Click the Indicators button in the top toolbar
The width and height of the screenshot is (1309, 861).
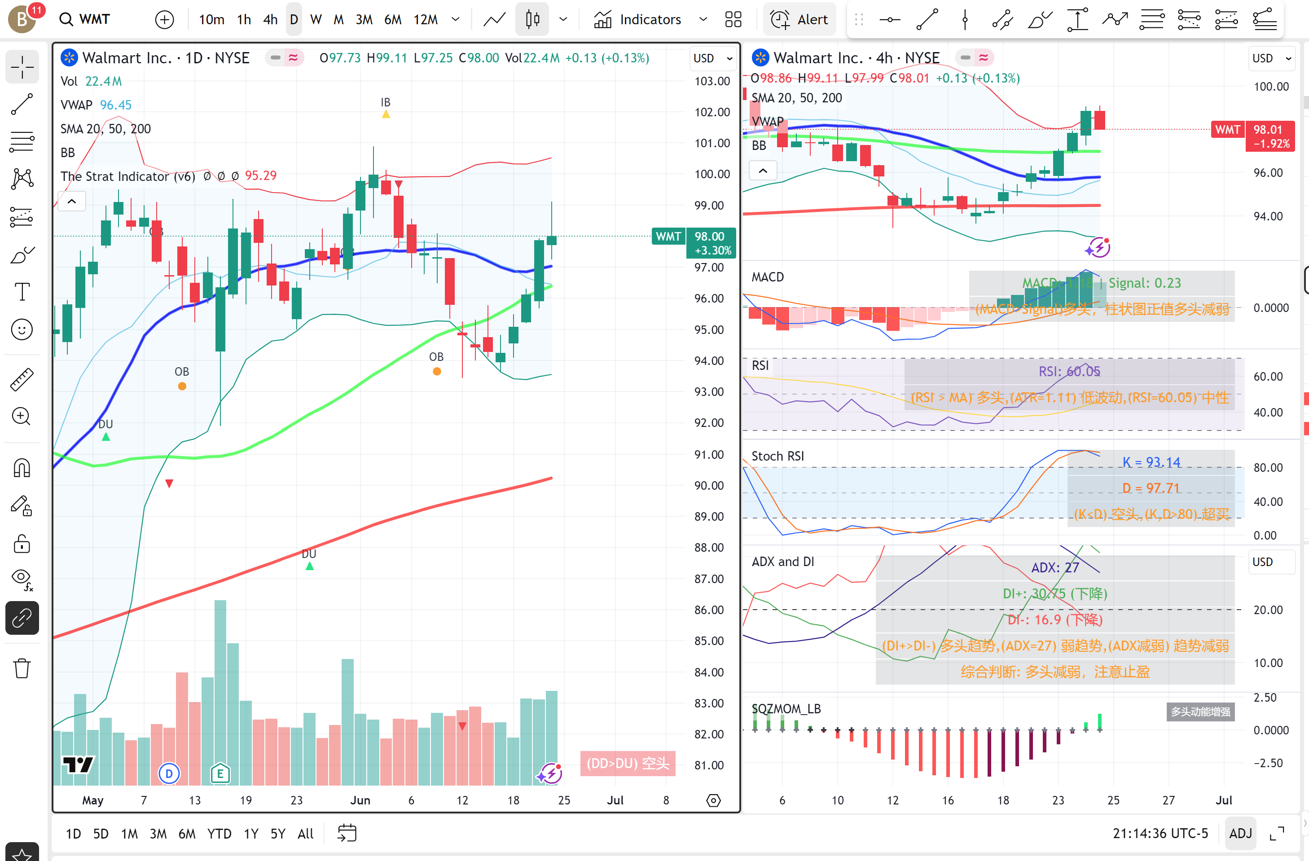(x=638, y=20)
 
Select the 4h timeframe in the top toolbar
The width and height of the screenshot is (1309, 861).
(x=270, y=20)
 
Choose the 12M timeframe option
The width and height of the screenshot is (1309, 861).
(x=425, y=20)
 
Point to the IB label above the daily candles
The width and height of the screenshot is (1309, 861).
(x=386, y=102)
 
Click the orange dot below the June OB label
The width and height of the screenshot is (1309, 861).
(x=437, y=372)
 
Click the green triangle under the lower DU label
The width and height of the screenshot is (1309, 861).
(x=310, y=566)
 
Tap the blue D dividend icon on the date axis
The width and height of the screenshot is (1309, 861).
(x=169, y=773)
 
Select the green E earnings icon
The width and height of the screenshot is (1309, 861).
(x=220, y=773)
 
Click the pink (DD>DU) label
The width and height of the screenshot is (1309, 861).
(x=628, y=763)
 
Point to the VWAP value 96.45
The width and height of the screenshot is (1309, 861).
(x=115, y=105)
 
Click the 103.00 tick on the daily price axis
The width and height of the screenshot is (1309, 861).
(x=712, y=81)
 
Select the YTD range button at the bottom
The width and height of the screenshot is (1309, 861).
(x=219, y=834)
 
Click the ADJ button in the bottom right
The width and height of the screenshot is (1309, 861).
(x=1240, y=834)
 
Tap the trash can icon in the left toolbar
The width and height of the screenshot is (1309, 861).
(x=22, y=668)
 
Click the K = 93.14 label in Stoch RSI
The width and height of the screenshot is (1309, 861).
(x=1151, y=462)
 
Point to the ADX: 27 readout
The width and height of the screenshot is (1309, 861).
(x=1054, y=567)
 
